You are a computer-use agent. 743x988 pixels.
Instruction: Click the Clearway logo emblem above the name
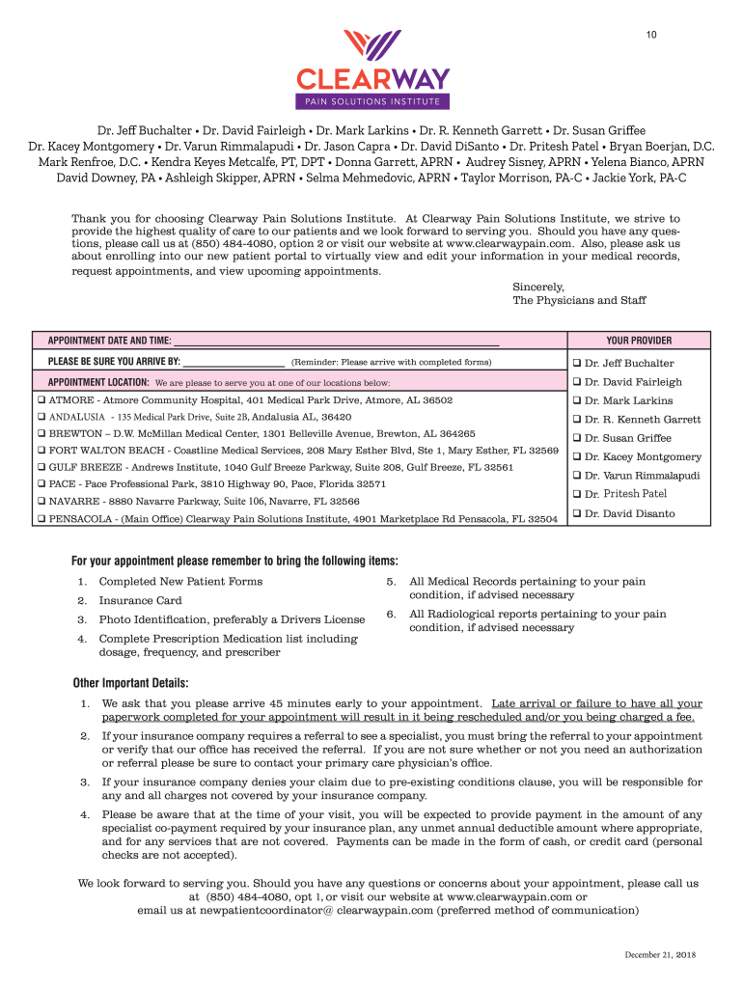pyautogui.click(x=372, y=46)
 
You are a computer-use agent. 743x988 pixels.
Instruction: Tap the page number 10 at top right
pyautogui.click(x=652, y=36)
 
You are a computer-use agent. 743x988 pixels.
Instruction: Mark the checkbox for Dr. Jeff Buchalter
pyautogui.click(x=575, y=364)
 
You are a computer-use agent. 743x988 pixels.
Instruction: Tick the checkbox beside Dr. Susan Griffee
pyautogui.click(x=575, y=438)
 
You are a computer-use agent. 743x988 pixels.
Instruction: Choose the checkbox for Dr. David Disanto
pyautogui.click(x=575, y=513)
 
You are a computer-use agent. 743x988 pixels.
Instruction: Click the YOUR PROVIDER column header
pyautogui.click(x=639, y=341)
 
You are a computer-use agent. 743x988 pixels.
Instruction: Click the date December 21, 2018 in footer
pyautogui.click(x=660, y=954)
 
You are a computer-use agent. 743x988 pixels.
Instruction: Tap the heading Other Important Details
pyautogui.click(x=130, y=684)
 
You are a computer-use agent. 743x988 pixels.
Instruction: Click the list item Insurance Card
pyautogui.click(x=140, y=600)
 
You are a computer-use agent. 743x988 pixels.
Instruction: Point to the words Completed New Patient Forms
pyautogui.click(x=180, y=582)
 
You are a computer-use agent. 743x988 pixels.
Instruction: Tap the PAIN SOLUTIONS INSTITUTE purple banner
pyautogui.click(x=372, y=101)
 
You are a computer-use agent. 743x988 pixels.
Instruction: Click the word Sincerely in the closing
pyautogui.click(x=537, y=287)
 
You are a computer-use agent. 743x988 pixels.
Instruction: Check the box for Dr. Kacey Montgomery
pyautogui.click(x=575, y=457)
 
